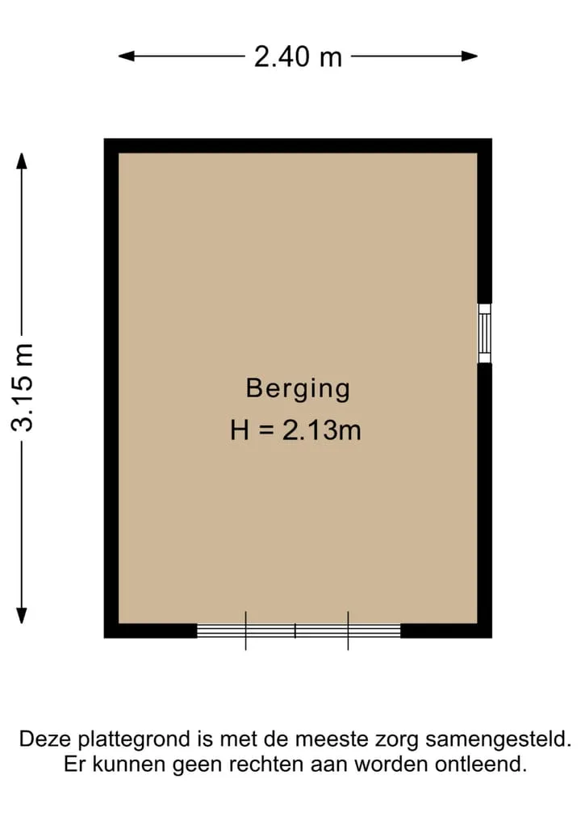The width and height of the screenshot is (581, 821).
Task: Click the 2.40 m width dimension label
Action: click(x=298, y=57)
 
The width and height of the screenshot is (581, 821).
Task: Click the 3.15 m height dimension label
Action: click(x=23, y=388)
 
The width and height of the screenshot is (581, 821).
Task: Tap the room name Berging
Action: click(x=298, y=389)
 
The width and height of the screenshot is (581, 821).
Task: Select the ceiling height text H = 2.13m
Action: click(x=295, y=430)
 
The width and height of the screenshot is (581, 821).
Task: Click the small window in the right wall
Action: click(x=485, y=333)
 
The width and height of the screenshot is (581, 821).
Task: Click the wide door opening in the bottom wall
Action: click(x=299, y=630)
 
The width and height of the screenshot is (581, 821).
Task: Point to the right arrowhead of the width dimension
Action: click(x=470, y=56)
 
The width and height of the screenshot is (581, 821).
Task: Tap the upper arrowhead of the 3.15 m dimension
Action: click(x=22, y=161)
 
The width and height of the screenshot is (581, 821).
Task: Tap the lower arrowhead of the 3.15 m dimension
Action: click(x=22, y=615)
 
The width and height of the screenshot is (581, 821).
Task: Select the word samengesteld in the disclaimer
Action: click(x=498, y=740)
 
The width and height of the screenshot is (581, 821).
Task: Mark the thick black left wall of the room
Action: click(x=111, y=388)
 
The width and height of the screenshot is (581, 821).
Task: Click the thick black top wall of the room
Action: click(x=298, y=145)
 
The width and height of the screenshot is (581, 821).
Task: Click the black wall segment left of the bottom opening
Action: click(x=150, y=631)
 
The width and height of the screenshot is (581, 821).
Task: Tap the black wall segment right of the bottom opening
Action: click(x=446, y=631)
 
